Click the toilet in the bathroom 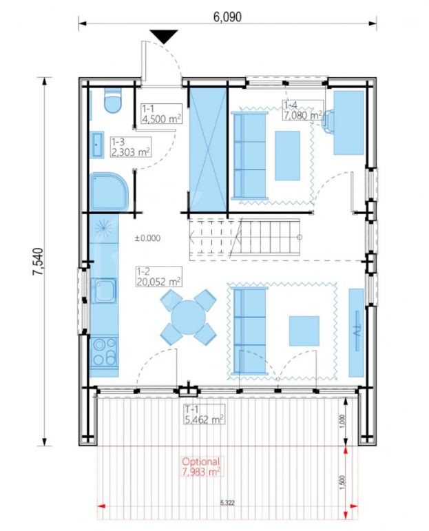pyautogui.click(x=113, y=101)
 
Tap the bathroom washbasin pyautogui.click(x=98, y=145)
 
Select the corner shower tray pyautogui.click(x=109, y=192)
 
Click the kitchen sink pyautogui.click(x=103, y=290)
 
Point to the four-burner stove pyautogui.click(x=104, y=352)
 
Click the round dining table pyautogui.click(x=188, y=317)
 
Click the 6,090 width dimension pyautogui.click(x=227, y=17)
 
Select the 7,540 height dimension pyautogui.click(x=39, y=261)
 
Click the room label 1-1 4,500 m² pyautogui.click(x=162, y=114)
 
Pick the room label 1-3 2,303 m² pyautogui.click(x=131, y=147)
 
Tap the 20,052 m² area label pyautogui.click(x=158, y=281)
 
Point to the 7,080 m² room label pyautogui.click(x=302, y=115)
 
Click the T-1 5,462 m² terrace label pyautogui.click(x=205, y=414)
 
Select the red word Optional pyautogui.click(x=201, y=461)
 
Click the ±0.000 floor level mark pyautogui.click(x=147, y=238)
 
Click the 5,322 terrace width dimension pyautogui.click(x=227, y=503)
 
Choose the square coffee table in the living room pyautogui.click(x=304, y=331)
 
